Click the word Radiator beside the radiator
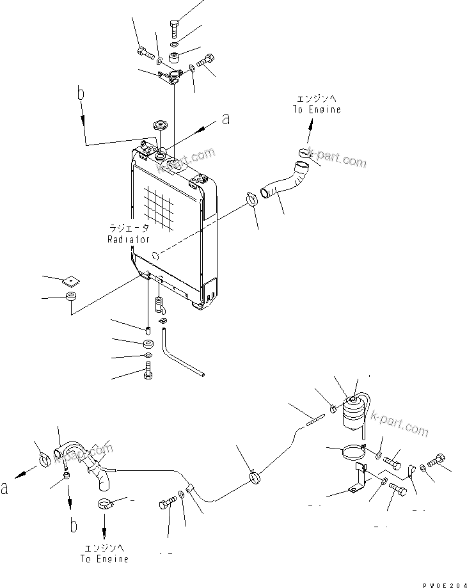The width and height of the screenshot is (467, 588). [128, 239]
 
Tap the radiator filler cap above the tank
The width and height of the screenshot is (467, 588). [156, 125]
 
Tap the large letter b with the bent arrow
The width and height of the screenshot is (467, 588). [81, 95]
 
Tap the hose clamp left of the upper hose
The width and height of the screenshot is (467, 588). [251, 199]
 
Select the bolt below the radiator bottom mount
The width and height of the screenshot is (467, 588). [148, 370]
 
